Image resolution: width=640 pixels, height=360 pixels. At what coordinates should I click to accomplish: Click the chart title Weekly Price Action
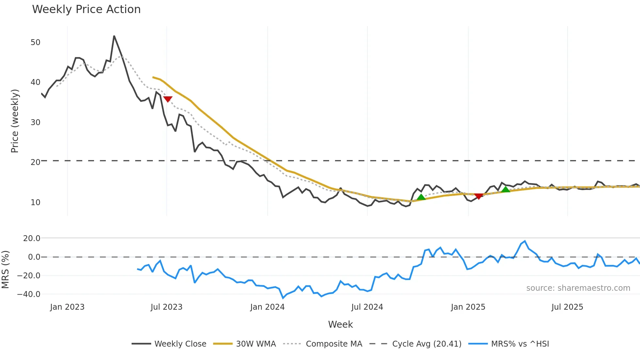86,9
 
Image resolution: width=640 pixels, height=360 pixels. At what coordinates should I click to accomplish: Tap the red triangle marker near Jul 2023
168,99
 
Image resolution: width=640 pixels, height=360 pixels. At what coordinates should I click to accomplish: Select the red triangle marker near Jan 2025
479,196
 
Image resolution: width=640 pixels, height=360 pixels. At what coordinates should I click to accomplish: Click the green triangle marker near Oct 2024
421,197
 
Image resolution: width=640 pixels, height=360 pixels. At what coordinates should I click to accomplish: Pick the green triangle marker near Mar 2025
505,189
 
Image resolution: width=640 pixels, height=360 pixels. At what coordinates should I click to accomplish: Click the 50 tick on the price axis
35,42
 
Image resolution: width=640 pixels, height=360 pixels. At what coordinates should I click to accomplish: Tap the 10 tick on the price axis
35,203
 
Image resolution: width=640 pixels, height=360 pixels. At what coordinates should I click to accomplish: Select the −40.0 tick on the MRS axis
29,294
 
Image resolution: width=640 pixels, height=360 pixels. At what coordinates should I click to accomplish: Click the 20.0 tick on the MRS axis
31,238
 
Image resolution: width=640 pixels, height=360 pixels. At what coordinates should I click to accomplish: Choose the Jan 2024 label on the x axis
267,307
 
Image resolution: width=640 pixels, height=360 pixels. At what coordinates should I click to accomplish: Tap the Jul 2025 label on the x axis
567,307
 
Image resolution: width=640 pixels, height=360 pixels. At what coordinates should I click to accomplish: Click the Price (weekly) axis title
15,121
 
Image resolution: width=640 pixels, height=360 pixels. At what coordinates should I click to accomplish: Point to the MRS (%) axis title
5,270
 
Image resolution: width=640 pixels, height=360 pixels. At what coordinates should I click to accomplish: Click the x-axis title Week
340,324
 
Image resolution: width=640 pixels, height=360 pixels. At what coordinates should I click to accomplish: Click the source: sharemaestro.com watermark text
578,288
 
